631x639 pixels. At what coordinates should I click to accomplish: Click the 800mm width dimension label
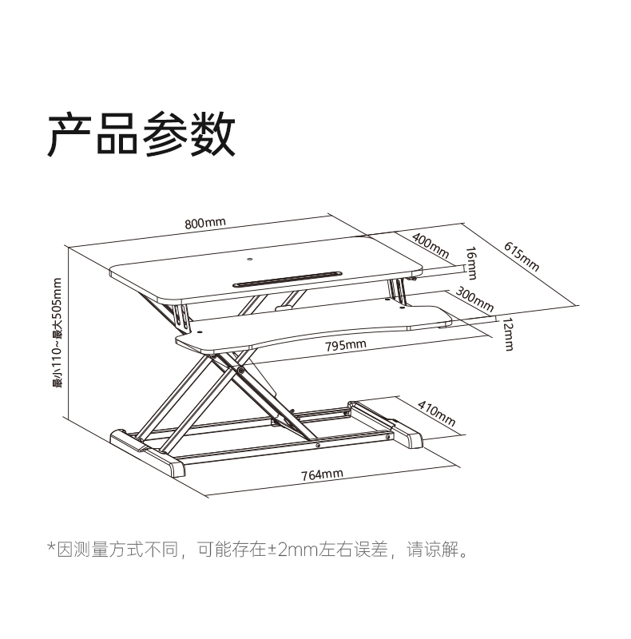(x=205, y=223)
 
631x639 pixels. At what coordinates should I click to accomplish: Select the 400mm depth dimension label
(x=431, y=246)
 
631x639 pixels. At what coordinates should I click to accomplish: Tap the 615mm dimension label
(x=522, y=256)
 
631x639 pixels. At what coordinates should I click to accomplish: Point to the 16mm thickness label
(x=471, y=264)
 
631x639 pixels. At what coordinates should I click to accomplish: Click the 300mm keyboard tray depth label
(x=474, y=299)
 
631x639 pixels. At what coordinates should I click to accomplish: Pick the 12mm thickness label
(x=508, y=334)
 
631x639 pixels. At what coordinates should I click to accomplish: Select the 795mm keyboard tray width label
(x=346, y=346)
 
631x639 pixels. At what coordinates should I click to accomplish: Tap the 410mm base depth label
(x=437, y=414)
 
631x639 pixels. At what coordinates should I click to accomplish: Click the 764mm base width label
(x=322, y=474)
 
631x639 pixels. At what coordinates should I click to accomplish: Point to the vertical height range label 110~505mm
(x=57, y=332)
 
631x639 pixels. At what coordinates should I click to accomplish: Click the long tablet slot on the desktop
(x=287, y=279)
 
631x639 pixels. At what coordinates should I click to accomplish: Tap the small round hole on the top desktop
(x=249, y=259)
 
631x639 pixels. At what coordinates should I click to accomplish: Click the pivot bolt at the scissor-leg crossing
(x=241, y=371)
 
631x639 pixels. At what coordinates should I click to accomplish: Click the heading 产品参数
(x=141, y=134)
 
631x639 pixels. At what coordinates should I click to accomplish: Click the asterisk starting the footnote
(x=51, y=547)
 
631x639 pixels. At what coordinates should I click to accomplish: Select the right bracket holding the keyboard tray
(x=399, y=291)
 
